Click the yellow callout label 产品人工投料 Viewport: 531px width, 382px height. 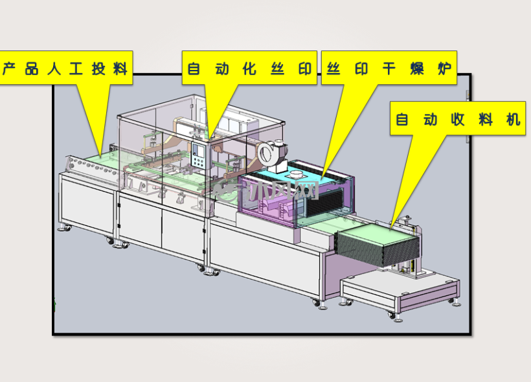pos(66,68)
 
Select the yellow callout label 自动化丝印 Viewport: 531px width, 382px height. pos(249,68)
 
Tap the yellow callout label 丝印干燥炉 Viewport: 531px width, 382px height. pos(389,68)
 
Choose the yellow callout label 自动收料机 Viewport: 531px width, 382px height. pos(458,118)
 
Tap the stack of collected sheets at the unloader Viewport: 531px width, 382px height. pos(377,245)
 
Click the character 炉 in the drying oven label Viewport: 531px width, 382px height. pos(444,69)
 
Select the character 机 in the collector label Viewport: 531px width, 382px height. pos(513,119)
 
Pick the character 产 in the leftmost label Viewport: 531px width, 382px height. pos(9,69)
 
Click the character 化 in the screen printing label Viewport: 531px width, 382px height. pos(249,69)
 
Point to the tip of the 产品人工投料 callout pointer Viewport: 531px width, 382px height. pos(100,156)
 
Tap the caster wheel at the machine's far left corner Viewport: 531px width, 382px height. pos(65,228)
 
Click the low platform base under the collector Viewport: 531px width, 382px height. pos(400,291)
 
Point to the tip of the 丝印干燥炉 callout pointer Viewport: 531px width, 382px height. pos(322,179)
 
